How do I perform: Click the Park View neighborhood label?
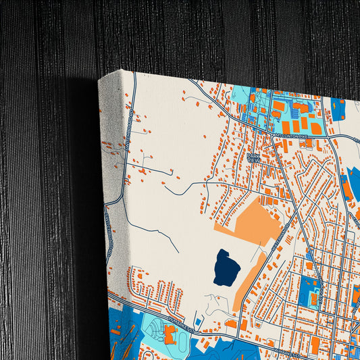pos(253,158)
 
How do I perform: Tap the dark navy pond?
pos(226,267)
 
